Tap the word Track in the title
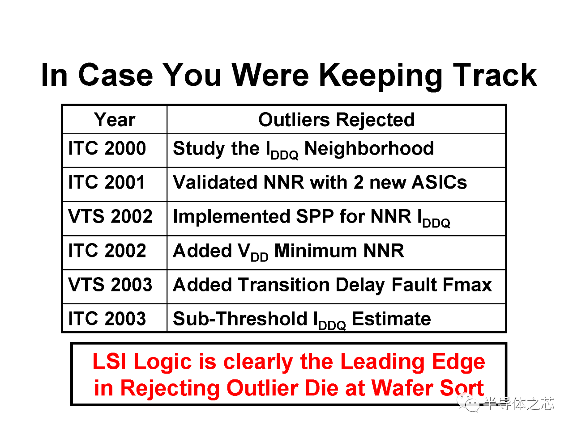click(x=495, y=75)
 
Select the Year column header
click(x=115, y=120)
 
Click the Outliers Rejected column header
click(x=337, y=120)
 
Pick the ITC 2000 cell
click(x=107, y=148)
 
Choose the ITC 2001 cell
click(x=107, y=182)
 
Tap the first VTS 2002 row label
click(x=110, y=216)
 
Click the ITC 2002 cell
click(x=107, y=250)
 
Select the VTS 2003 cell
click(x=110, y=285)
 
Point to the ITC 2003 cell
click(x=107, y=318)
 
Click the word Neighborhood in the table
click(x=369, y=148)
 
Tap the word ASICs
click(x=439, y=182)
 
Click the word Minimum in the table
click(x=316, y=251)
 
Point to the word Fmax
click(x=467, y=285)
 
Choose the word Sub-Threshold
click(x=240, y=318)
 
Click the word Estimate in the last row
click(x=391, y=318)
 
